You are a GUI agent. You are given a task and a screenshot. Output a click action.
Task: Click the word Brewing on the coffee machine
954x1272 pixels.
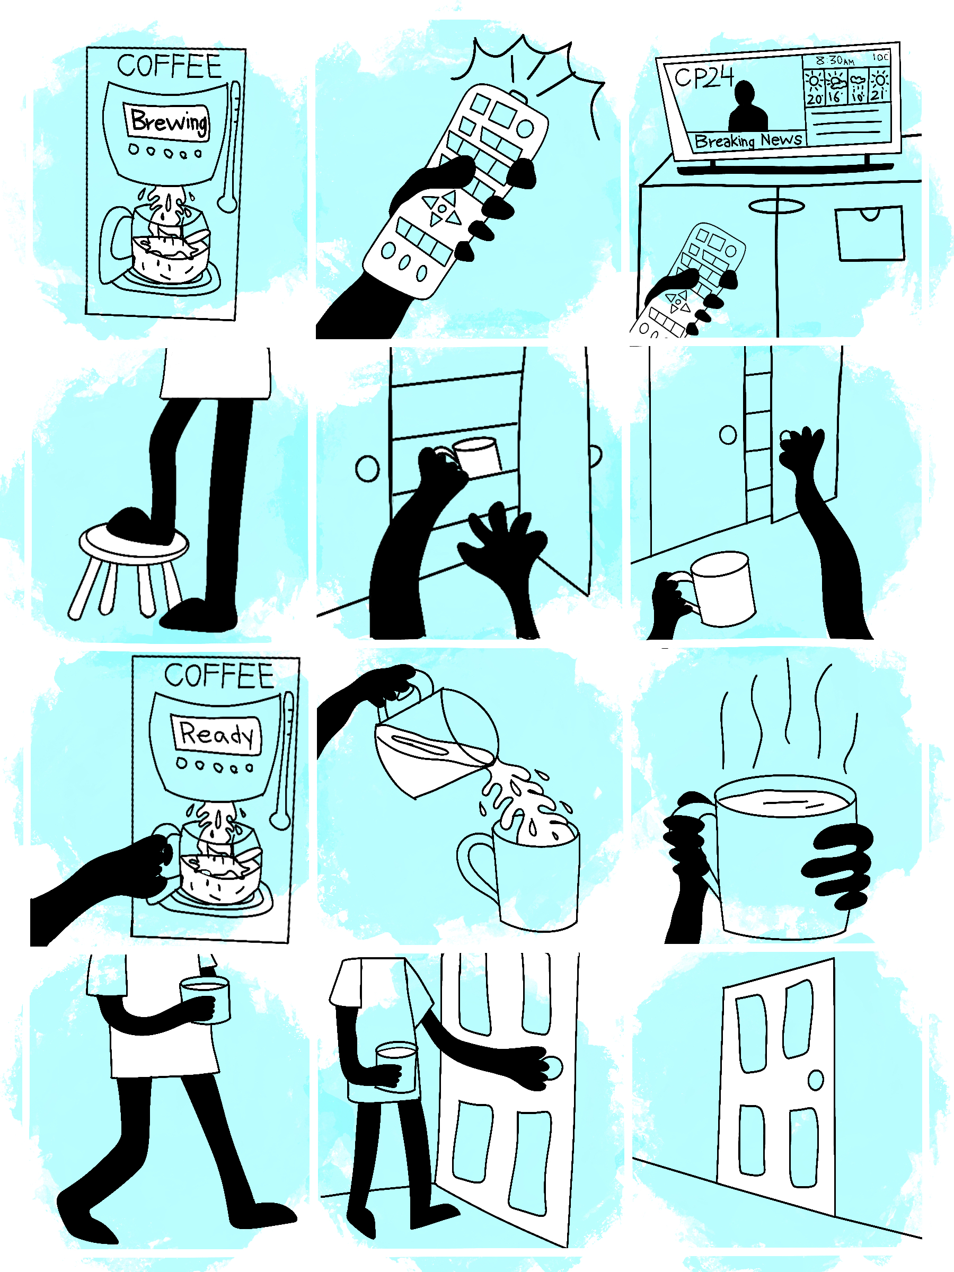pyautogui.click(x=168, y=122)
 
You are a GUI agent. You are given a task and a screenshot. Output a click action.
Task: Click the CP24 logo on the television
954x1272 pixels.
pyautogui.click(x=704, y=77)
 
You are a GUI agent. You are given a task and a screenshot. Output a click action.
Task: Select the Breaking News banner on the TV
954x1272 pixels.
pyautogui.click(x=747, y=140)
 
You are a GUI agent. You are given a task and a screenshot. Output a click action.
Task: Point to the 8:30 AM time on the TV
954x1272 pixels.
pyautogui.click(x=834, y=60)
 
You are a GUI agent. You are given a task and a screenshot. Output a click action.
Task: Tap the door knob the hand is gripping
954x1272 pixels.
pyautogui.click(x=552, y=1067)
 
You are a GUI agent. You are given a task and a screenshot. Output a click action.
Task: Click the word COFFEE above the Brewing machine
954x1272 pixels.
pyautogui.click(x=169, y=66)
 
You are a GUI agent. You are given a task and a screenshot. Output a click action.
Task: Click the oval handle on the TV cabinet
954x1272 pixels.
pyautogui.click(x=776, y=206)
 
